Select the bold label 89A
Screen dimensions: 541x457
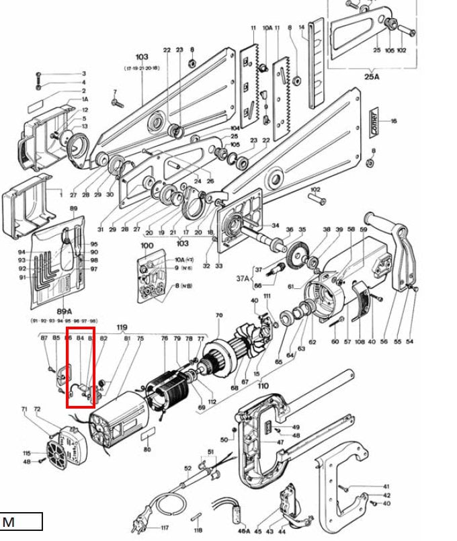65,311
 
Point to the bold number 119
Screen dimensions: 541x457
122,329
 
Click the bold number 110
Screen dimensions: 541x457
263,386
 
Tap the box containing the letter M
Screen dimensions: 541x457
21,522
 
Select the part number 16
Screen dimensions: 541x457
394,121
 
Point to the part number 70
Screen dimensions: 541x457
218,315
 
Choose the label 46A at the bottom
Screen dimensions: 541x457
244,531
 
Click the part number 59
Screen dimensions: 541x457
364,230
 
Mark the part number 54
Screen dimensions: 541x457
409,342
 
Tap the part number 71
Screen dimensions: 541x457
24,409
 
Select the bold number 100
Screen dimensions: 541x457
147,246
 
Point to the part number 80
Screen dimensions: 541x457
147,449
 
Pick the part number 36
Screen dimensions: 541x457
290,230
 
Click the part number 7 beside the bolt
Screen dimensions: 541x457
115,92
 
